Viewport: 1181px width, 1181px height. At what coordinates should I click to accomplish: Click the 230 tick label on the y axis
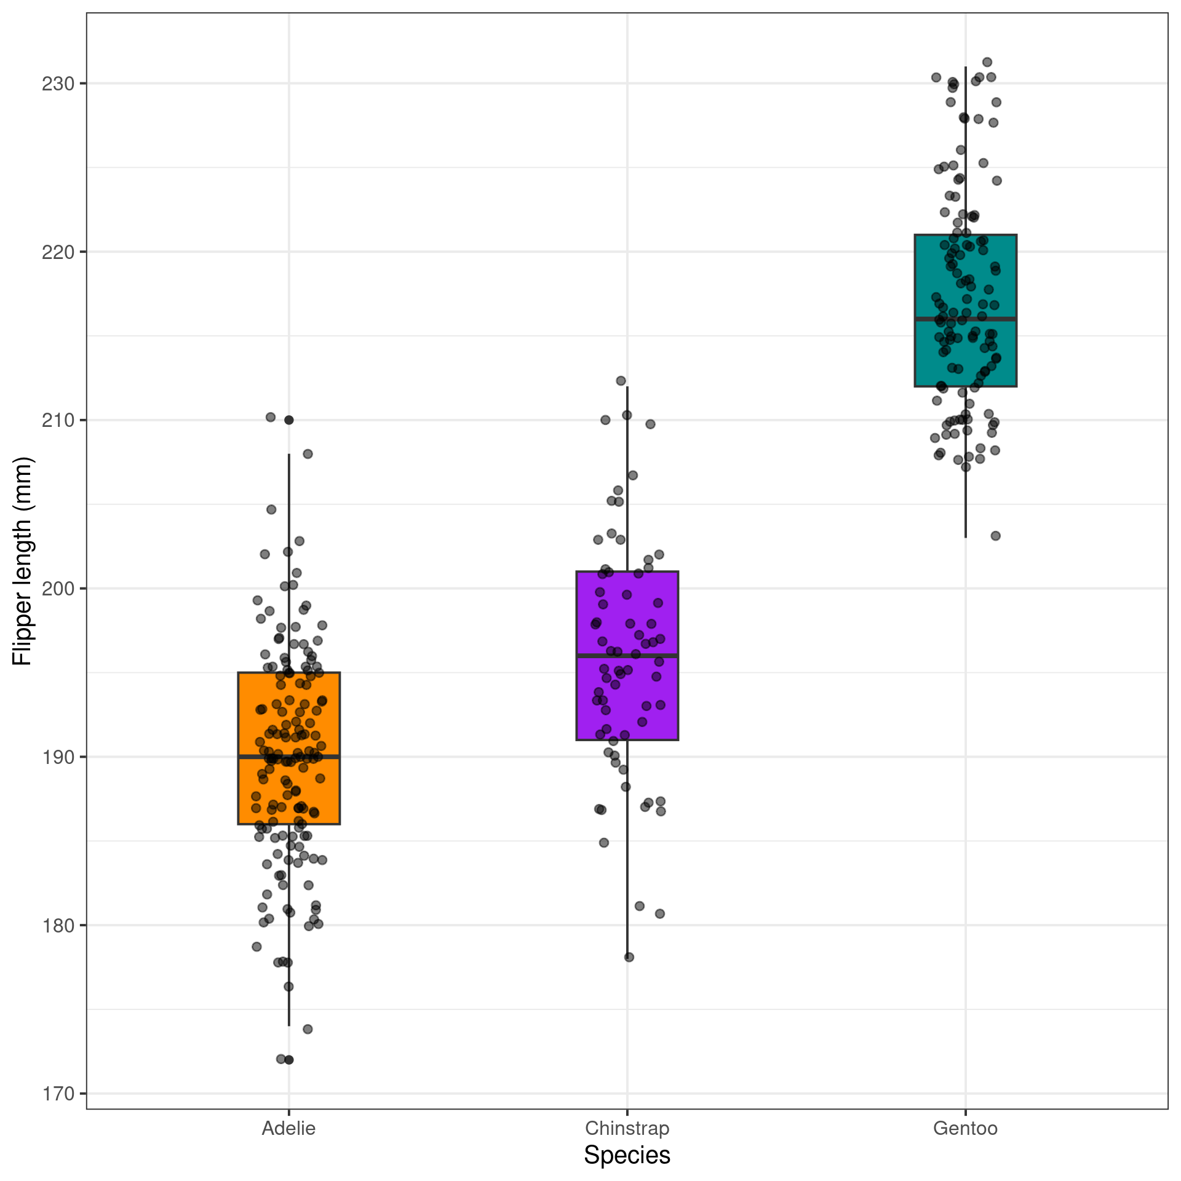coord(58,84)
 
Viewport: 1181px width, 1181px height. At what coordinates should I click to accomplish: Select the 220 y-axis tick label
coord(58,252)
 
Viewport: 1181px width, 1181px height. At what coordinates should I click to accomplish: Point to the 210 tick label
coord(58,421)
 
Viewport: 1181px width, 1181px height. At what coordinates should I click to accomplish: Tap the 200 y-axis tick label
coord(58,589)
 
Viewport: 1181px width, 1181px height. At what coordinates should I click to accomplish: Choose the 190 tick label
coord(58,757)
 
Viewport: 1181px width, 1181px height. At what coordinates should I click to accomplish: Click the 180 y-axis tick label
coord(58,926)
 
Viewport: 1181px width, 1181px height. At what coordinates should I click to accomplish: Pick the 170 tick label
coord(58,1094)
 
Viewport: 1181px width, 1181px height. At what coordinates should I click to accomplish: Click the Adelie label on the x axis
coord(288,1129)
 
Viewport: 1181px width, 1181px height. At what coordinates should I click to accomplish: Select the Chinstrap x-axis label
coord(627,1129)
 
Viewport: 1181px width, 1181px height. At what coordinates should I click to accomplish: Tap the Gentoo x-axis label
coord(965,1129)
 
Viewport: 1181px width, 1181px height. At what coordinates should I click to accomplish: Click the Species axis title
coord(627,1155)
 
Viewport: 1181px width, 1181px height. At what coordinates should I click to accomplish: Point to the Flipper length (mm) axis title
coord(22,561)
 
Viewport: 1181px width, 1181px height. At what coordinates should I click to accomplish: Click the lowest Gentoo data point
coord(995,536)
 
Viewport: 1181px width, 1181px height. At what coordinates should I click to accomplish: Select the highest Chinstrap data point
coord(621,381)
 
